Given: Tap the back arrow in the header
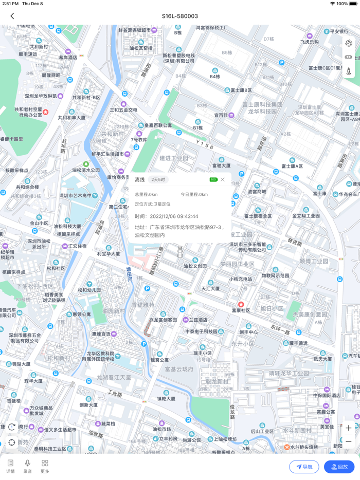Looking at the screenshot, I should pos(12,16).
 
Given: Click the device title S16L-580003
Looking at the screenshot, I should pos(180,16).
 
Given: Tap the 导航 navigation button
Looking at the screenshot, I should pos(304,467).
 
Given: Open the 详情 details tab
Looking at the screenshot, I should pos(10,466).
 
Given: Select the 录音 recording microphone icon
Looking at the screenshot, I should pos(28,466).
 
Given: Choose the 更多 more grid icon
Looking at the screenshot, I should pos(45,466).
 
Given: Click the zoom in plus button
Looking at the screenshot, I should pos(348,428).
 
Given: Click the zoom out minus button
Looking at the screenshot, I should pos(348,442).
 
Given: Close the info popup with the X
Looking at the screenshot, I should pos(223,179).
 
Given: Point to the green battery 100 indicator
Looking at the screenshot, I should pos(213,179).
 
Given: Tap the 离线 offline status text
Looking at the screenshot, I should pos(140,180).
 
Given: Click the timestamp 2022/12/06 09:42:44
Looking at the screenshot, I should pos(173,216).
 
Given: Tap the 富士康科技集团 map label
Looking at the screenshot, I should pos(262,104).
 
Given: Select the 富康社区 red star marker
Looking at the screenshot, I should pos(241,304).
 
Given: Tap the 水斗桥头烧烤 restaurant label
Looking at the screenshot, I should pos(305,447).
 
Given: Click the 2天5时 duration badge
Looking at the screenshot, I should pos(158,180).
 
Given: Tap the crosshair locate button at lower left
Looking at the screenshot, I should pos(12,442).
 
